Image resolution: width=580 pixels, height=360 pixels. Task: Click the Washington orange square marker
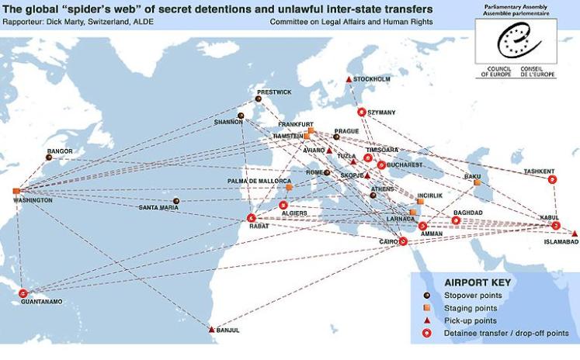(16, 191)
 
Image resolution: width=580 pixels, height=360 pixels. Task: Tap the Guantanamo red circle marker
(23, 293)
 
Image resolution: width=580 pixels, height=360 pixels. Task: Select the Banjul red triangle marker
(211, 330)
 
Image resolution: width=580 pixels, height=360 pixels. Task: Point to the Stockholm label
(373, 79)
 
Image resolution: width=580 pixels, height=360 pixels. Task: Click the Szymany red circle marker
(361, 112)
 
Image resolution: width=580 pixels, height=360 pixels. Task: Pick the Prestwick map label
(274, 92)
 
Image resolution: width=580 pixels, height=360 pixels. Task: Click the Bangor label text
(60, 151)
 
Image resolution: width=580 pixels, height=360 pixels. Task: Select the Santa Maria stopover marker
(176, 201)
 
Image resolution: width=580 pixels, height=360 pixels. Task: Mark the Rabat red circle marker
(251, 218)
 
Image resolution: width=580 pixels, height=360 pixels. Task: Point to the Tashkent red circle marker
(552, 179)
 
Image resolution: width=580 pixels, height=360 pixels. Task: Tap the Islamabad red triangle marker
(575, 233)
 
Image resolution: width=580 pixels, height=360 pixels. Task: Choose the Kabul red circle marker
(556, 225)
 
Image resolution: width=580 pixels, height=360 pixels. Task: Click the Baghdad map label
(468, 213)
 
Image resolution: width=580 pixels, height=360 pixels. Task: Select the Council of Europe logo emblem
(516, 40)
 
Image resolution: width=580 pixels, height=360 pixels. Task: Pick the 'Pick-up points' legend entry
(470, 320)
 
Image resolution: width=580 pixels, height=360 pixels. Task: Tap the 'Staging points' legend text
(470, 308)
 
